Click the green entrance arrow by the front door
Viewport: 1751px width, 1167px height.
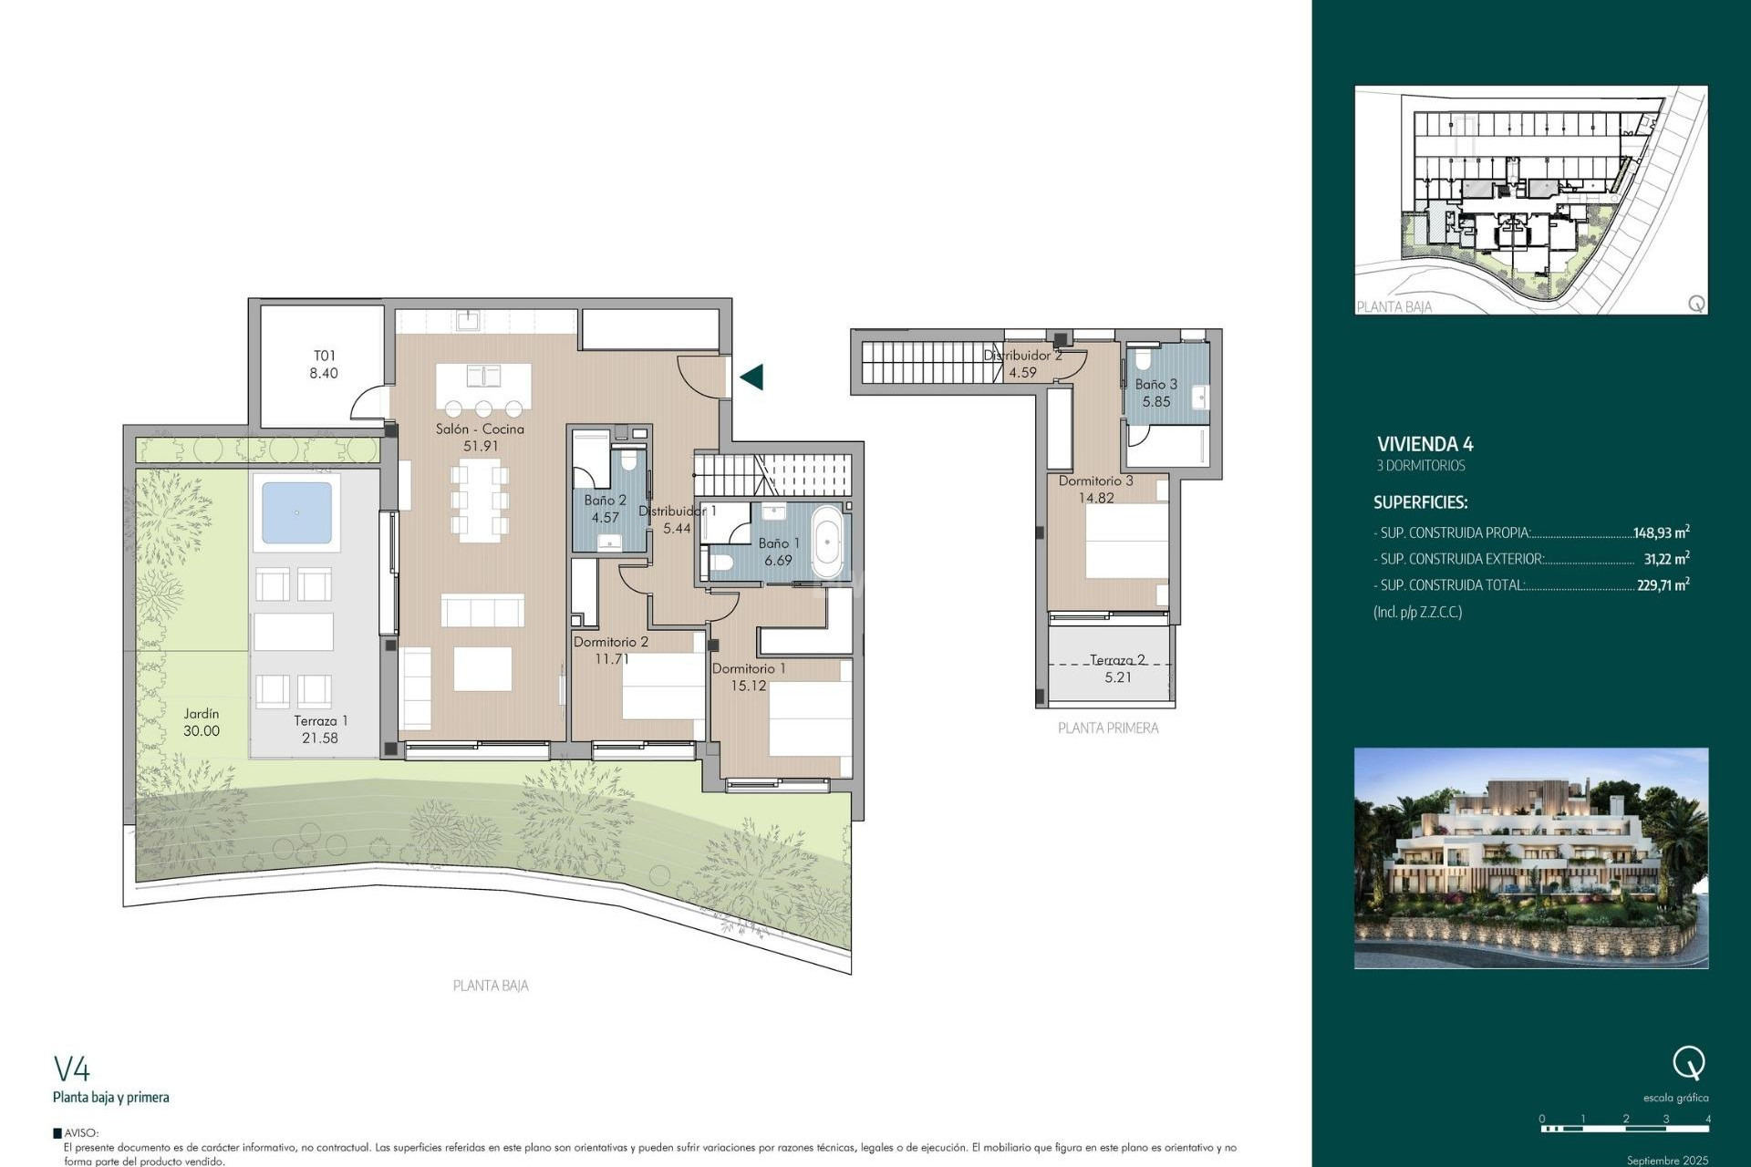pos(751,377)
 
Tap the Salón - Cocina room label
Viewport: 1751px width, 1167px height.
pos(480,429)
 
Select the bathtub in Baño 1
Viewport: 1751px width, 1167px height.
pos(827,543)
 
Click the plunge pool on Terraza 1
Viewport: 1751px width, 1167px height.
pos(296,512)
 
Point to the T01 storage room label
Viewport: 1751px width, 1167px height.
pos(325,356)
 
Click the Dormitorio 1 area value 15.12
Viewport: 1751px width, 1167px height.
pos(749,686)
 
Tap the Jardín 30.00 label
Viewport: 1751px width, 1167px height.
pos(202,722)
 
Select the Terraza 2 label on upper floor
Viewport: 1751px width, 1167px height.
pos(1117,660)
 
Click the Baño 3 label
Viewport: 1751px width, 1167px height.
pos(1155,385)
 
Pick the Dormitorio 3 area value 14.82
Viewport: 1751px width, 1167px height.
pos(1096,498)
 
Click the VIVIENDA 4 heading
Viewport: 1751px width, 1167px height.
pos(1425,444)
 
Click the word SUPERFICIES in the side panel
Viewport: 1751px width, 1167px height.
pos(1420,502)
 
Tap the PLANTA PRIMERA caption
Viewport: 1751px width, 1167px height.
pos(1108,728)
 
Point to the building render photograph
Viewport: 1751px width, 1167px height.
pos(1530,857)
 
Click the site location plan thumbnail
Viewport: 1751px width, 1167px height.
pos(1530,201)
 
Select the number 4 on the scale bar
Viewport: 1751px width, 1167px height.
pos(1707,1119)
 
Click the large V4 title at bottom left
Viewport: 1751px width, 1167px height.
pos(72,1069)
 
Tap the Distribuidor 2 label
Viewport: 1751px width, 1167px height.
pos(1022,356)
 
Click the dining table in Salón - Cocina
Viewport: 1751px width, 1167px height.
pos(480,500)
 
